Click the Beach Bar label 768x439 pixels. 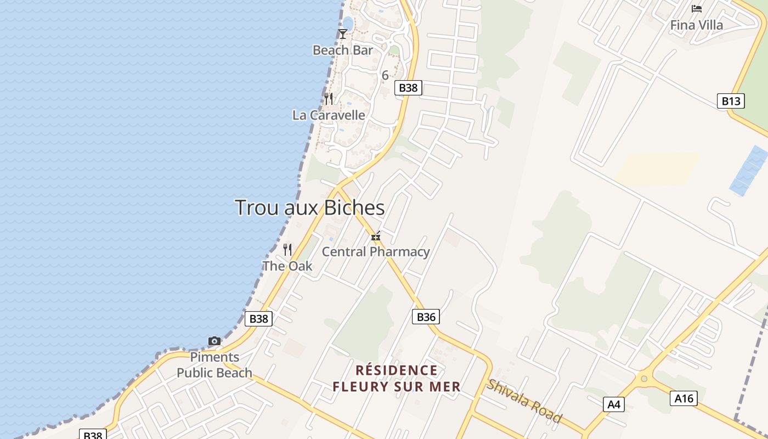(342, 50)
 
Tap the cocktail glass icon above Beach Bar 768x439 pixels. (343, 34)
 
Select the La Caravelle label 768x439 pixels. (329, 115)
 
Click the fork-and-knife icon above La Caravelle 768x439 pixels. (329, 99)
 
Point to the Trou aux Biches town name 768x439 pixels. (309, 208)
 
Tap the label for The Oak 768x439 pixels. (287, 266)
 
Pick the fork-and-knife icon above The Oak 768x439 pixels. (287, 250)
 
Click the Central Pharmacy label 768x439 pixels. (375, 252)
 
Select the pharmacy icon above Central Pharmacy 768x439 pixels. (376, 237)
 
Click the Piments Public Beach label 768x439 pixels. (214, 365)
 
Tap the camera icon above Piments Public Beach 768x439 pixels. (214, 341)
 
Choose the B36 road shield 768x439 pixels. (426, 317)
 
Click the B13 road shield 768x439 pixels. (731, 101)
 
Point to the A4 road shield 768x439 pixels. (613, 405)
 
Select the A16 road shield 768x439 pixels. (684, 398)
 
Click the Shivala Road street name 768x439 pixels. (524, 401)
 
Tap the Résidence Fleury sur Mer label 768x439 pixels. (396, 379)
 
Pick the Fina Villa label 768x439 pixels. (697, 25)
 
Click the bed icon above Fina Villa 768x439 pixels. (697, 9)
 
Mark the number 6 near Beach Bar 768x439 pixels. (385, 75)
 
